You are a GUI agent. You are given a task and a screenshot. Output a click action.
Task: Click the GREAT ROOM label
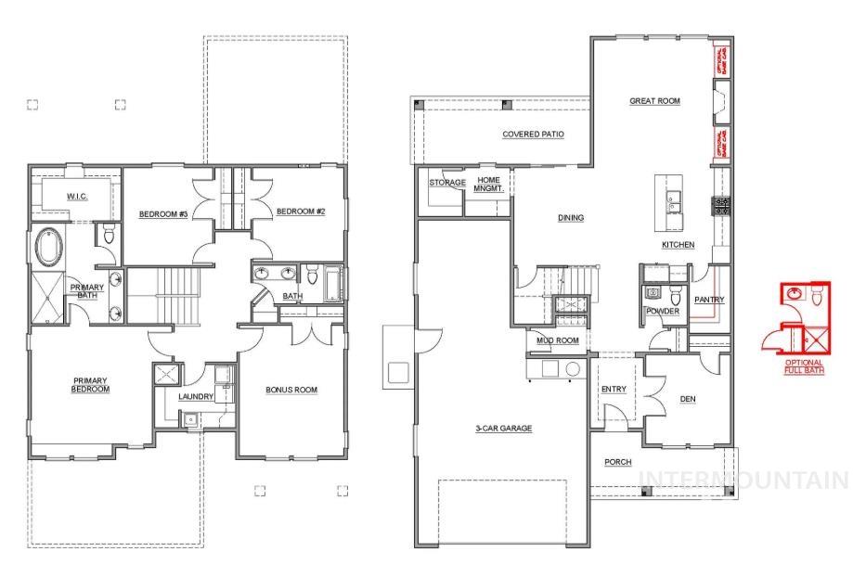click(654, 101)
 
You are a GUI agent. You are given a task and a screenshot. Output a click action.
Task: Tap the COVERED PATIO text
click(533, 135)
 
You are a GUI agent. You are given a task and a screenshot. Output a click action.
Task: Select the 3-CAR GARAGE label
click(502, 429)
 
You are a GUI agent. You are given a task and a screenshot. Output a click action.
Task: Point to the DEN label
click(688, 399)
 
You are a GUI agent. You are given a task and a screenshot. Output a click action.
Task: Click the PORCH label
click(617, 462)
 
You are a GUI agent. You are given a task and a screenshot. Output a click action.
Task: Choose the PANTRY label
click(709, 300)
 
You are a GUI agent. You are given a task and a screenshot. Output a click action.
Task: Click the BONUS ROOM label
click(291, 390)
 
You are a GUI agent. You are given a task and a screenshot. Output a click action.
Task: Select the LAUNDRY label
click(196, 397)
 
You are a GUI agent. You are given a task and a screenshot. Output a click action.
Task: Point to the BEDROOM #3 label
click(163, 214)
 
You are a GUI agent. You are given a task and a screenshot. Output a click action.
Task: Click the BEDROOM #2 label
click(300, 212)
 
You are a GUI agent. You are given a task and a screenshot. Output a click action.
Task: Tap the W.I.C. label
click(77, 197)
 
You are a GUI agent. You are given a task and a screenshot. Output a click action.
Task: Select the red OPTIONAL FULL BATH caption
click(804, 366)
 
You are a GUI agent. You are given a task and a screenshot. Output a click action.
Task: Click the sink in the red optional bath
click(794, 294)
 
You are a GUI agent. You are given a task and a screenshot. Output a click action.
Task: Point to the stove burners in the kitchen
click(721, 206)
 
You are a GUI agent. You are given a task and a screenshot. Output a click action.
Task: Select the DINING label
click(570, 218)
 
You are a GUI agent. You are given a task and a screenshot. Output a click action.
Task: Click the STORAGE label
click(447, 183)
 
